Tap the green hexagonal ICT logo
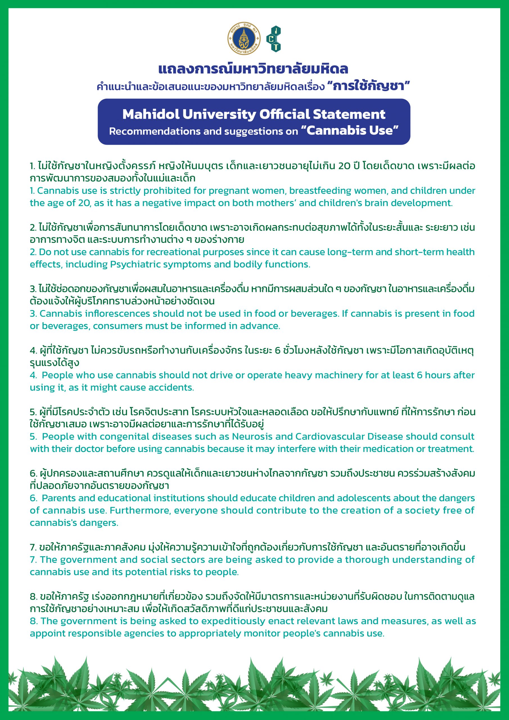point(274,39)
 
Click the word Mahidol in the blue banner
point(150,114)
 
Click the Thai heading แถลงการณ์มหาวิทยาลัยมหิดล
point(253,69)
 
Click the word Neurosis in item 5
point(251,436)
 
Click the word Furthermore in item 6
point(141,510)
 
